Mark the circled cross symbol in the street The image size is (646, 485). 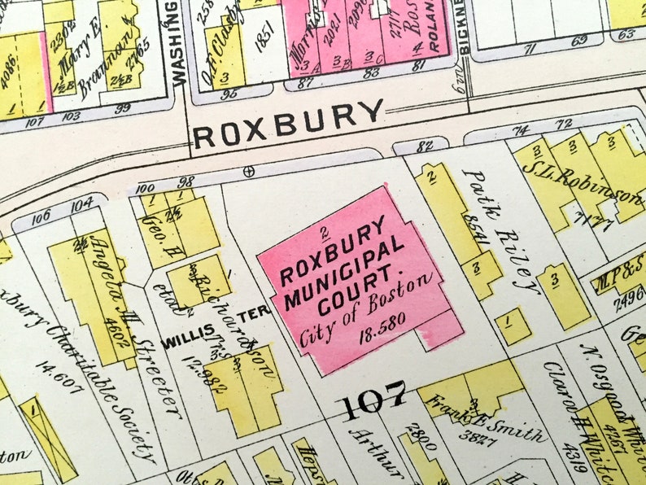(x=249, y=170)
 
